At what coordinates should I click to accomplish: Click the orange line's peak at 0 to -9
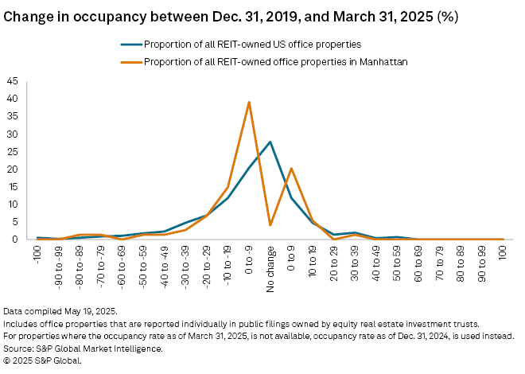pos(249,102)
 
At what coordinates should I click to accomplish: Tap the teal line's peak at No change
pos(270,142)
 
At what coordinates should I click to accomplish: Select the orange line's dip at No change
pos(270,225)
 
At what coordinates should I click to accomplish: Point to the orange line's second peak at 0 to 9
pos(291,169)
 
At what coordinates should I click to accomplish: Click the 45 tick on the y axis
pos(11,80)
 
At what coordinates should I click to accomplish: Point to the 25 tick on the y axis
pos(11,151)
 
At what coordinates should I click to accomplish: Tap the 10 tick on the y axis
pos(11,204)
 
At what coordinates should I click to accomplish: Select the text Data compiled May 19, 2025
pos(59,310)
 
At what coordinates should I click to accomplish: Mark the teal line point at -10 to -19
pos(228,197)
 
